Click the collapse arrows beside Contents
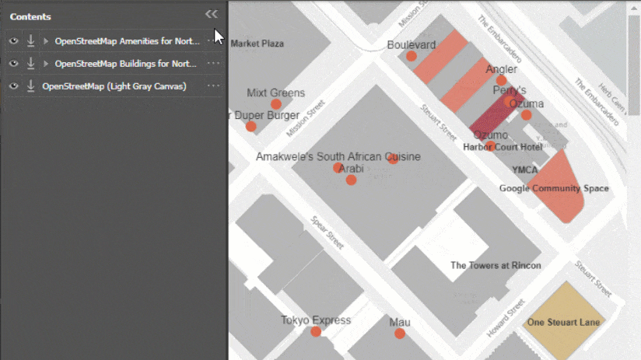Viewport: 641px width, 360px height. click(x=211, y=14)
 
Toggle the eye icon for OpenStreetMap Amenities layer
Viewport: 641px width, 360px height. click(x=13, y=41)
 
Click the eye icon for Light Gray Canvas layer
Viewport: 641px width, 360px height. click(x=13, y=86)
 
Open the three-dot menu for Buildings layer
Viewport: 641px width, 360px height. click(x=213, y=64)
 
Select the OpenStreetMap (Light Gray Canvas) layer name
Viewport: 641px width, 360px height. click(x=114, y=86)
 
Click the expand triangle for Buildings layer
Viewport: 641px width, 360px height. click(x=46, y=64)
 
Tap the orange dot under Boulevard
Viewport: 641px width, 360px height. click(x=411, y=56)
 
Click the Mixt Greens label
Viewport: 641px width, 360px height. click(x=275, y=93)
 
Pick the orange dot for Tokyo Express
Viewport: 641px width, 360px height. click(x=316, y=332)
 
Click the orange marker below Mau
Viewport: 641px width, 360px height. click(x=399, y=334)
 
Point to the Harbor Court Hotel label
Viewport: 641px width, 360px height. click(x=503, y=147)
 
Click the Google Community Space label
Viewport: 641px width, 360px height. click(x=554, y=188)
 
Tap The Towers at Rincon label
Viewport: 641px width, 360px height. click(x=496, y=265)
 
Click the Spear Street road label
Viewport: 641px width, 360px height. click(x=327, y=232)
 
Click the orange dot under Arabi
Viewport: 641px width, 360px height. click(x=351, y=180)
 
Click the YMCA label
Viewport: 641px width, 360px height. click(x=525, y=170)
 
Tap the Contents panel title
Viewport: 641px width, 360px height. click(x=30, y=16)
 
